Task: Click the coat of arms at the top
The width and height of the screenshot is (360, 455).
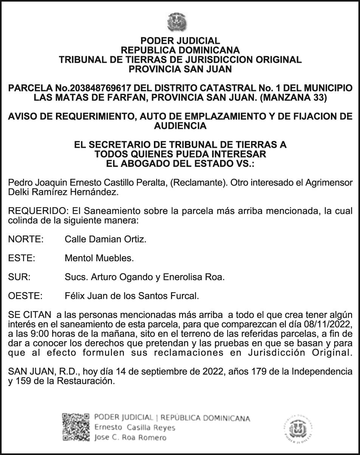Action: (177, 22)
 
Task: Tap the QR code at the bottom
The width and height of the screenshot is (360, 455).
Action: (75, 427)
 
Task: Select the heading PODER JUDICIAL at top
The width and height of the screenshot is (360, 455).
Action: (180, 41)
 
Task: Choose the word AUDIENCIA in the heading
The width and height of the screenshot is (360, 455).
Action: (180, 126)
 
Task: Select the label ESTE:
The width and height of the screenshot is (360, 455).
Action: (22, 258)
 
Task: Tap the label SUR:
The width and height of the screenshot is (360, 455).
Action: (19, 277)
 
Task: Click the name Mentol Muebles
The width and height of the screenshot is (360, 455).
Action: (99, 258)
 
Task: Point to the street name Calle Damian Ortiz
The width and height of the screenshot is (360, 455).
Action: (106, 239)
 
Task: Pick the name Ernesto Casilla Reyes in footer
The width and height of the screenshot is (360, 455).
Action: (135, 427)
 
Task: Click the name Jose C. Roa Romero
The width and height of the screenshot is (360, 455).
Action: (130, 438)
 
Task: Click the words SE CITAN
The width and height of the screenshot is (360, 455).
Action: (29, 315)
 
